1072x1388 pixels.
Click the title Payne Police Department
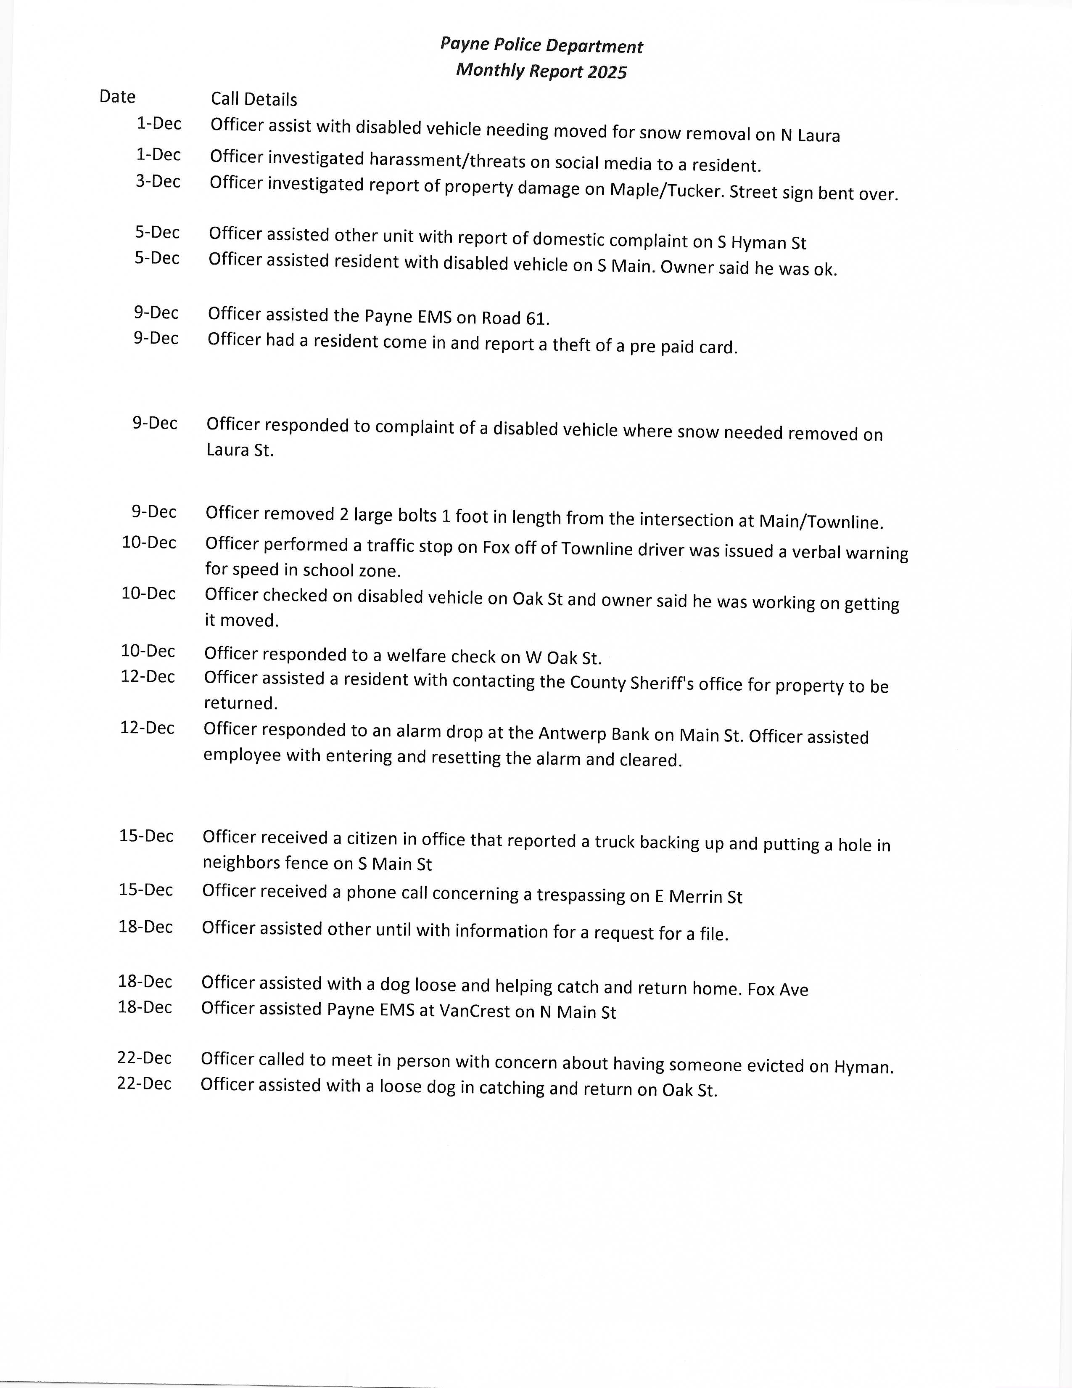point(542,46)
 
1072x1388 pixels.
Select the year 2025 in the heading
point(607,72)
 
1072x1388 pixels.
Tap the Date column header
point(117,97)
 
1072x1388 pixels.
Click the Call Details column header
point(254,99)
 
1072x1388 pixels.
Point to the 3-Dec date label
point(158,182)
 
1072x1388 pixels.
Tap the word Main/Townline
point(821,522)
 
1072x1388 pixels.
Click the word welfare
point(415,655)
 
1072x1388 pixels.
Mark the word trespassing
point(581,895)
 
